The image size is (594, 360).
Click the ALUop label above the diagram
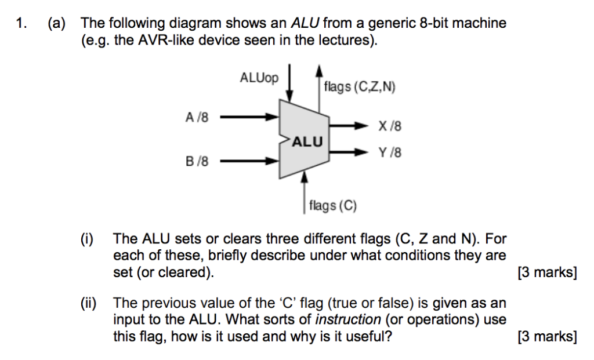258,78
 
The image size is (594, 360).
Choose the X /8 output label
389,126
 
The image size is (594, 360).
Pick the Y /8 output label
389,153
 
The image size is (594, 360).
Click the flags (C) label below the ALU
334,205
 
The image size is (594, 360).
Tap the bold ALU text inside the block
307,141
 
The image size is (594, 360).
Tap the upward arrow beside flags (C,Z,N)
318,87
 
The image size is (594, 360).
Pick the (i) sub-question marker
88,239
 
